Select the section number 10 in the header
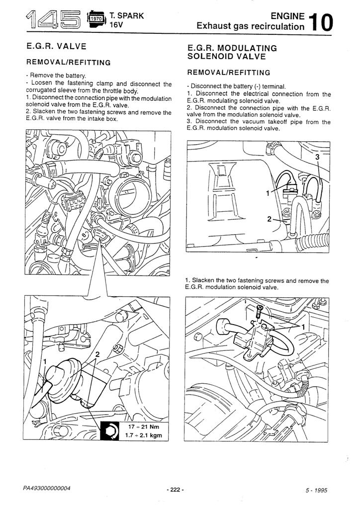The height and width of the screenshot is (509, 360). (x=320, y=22)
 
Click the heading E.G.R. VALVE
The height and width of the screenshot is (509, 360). (x=57, y=46)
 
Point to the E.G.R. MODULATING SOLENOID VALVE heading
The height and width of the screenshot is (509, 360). (x=232, y=52)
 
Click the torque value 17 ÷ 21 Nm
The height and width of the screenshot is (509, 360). (x=141, y=427)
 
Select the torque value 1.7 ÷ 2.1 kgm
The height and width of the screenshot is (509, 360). (x=141, y=436)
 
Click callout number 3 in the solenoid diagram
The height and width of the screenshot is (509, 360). (x=317, y=157)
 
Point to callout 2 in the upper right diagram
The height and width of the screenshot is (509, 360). (x=269, y=219)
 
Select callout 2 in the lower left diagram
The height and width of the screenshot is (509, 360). (x=98, y=354)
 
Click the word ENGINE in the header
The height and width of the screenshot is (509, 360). (x=285, y=16)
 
